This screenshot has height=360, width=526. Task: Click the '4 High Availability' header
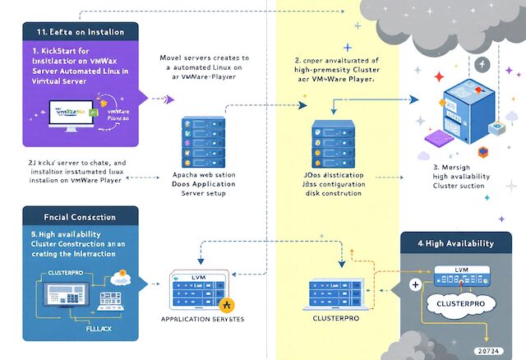point(457,243)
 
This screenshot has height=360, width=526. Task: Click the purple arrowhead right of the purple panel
point(171,99)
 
